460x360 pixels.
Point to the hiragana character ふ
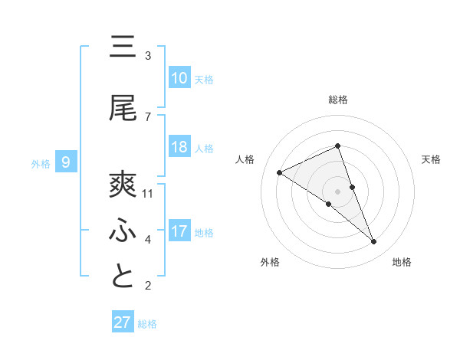(122, 231)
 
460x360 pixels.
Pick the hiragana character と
(122, 277)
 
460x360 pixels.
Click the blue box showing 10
(179, 78)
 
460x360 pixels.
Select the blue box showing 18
(179, 147)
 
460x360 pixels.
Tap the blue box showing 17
(179, 231)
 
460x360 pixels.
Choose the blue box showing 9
(66, 162)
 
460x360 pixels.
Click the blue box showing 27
(123, 322)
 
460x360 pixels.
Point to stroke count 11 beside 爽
(149, 193)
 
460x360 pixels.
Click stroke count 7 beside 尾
(148, 116)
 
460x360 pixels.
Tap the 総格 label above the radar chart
(337, 100)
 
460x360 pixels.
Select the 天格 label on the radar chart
(431, 159)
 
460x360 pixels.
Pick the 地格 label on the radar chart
(402, 262)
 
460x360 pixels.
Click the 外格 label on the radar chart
(270, 262)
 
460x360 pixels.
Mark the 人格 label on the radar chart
(245, 159)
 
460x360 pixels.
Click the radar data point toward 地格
(374, 242)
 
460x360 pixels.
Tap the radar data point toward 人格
(279, 172)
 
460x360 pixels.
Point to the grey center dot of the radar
(337, 191)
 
